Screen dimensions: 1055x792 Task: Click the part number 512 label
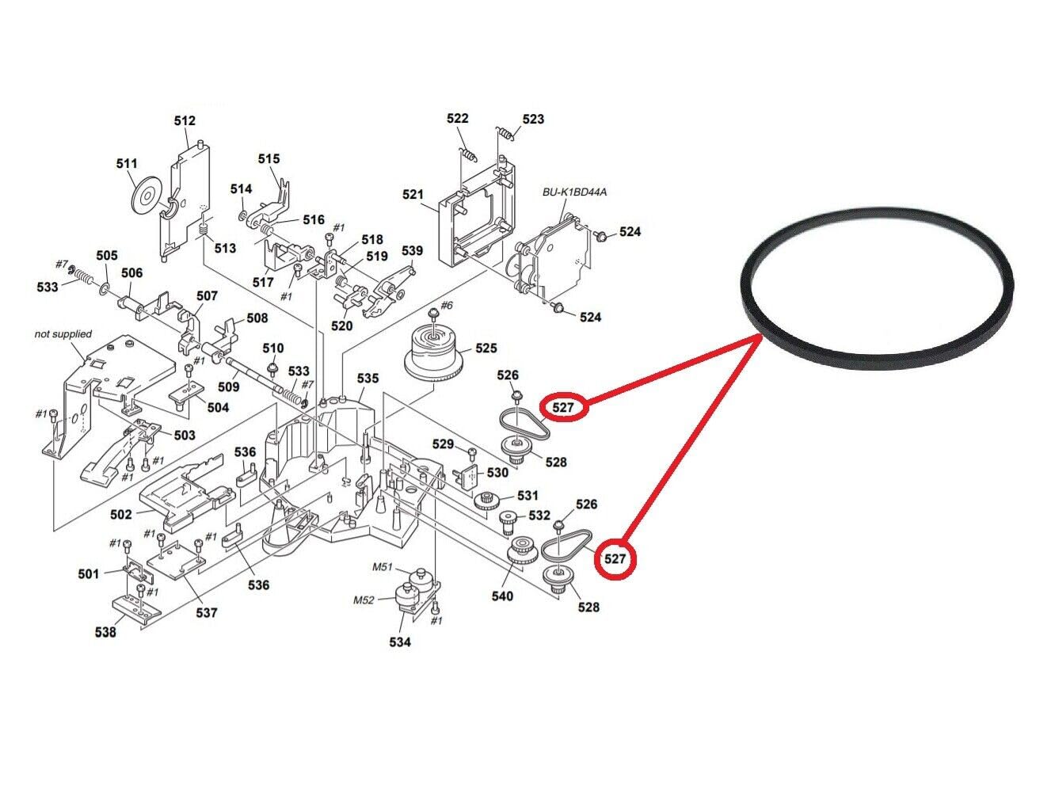(185, 120)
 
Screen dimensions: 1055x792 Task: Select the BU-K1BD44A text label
(574, 192)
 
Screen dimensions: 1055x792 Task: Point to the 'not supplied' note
(63, 334)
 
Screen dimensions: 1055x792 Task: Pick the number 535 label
(368, 379)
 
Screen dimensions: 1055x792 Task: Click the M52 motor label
(364, 600)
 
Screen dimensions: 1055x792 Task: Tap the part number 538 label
(105, 632)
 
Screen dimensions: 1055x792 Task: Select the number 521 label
(413, 195)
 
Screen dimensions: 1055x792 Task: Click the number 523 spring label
(533, 119)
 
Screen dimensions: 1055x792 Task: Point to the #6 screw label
(447, 305)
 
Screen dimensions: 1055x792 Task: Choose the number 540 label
(502, 596)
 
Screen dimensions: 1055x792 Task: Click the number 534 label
(400, 642)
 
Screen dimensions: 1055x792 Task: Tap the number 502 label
(120, 515)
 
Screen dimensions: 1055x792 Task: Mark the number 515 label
(269, 158)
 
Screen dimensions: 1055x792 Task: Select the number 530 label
(497, 473)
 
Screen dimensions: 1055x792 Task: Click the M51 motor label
(383, 567)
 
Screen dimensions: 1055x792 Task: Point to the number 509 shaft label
(228, 386)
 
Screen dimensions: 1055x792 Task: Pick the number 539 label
(412, 250)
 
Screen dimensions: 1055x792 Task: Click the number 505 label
(107, 255)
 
